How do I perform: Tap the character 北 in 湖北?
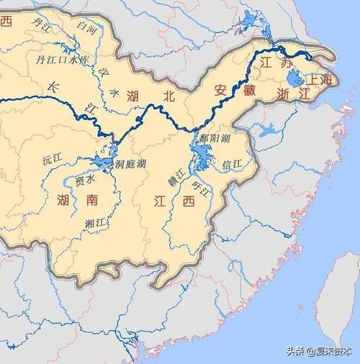click(167, 95)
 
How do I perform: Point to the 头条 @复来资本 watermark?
click(318, 351)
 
